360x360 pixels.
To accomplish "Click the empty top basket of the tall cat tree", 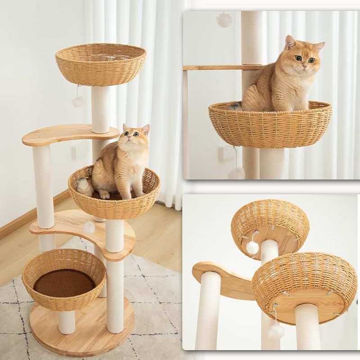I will (x=101, y=65).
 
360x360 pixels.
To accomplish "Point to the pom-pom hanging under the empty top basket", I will (x=78, y=101).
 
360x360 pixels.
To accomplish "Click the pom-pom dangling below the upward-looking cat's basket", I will (x=90, y=227).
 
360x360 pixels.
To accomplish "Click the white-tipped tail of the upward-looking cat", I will (x=82, y=184).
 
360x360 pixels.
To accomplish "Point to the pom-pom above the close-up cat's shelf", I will (x=224, y=20).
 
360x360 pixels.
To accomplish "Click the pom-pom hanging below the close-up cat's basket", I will (x=237, y=172).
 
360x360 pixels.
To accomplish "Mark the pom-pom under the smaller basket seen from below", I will (x=252, y=247).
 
